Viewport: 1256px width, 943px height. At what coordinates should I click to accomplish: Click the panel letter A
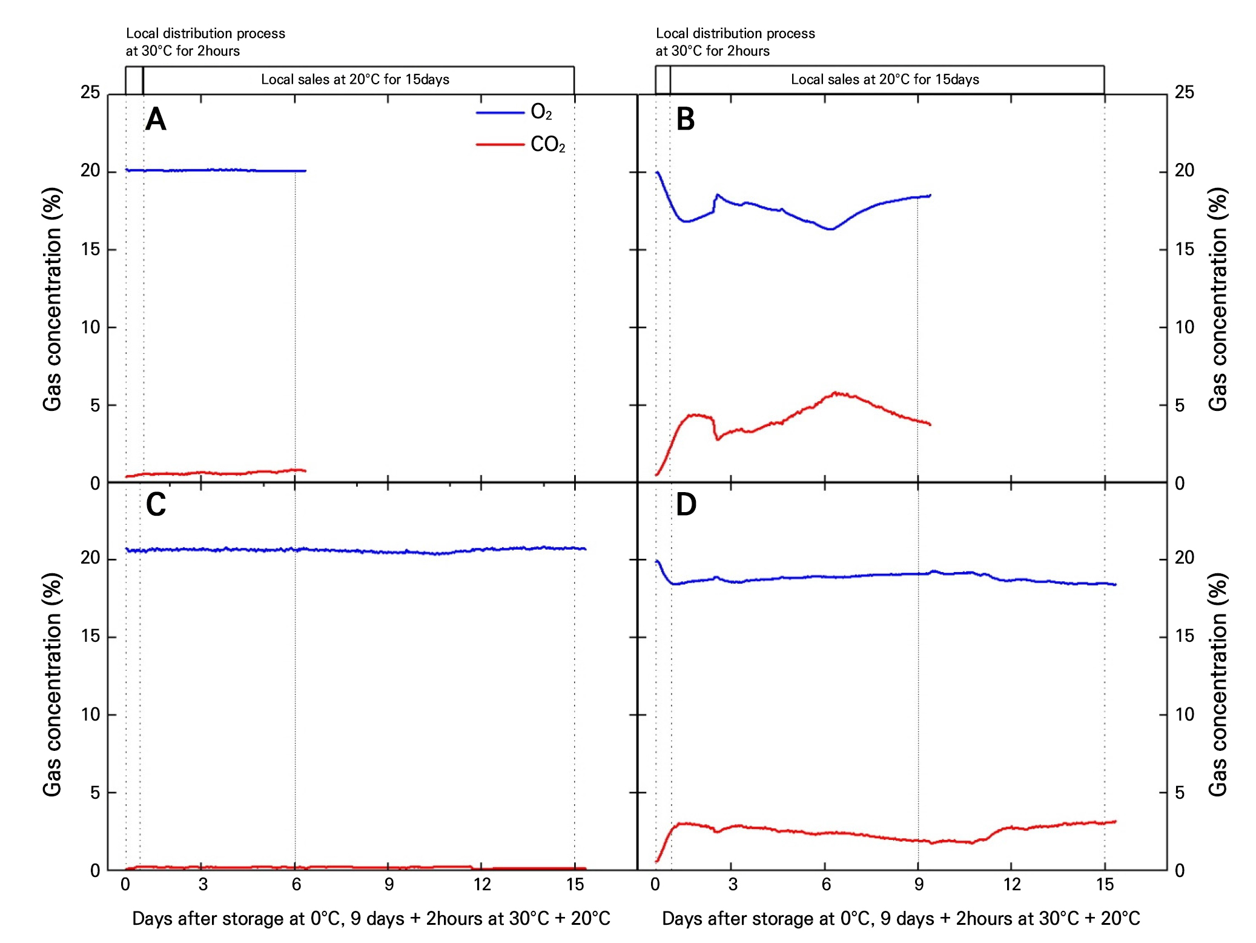click(156, 119)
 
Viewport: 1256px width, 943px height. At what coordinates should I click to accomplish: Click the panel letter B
click(685, 119)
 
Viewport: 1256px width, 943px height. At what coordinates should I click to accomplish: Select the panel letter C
click(156, 504)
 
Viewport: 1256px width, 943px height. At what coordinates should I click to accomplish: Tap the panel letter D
click(686, 504)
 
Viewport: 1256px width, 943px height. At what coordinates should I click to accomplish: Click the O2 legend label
click(541, 112)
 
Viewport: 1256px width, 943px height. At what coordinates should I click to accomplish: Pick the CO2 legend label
click(547, 145)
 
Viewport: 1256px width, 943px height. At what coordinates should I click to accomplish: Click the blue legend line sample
click(500, 113)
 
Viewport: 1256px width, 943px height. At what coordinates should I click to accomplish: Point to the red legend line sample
click(500, 145)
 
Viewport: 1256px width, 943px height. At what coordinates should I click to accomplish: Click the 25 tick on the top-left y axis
click(90, 93)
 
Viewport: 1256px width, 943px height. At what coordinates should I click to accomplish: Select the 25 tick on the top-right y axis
click(1184, 93)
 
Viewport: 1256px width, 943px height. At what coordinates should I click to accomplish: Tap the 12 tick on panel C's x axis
click(482, 884)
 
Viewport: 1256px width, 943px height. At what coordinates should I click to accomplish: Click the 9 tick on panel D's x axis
click(919, 884)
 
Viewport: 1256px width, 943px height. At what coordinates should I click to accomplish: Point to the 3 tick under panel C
click(203, 884)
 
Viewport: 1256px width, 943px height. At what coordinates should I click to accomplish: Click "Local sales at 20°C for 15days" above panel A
click(355, 79)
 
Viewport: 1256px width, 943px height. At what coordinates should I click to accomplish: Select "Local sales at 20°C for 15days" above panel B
click(885, 79)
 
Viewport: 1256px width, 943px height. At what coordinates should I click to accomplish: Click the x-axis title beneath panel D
click(901, 918)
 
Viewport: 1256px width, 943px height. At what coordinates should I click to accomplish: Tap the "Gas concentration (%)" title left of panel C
click(52, 684)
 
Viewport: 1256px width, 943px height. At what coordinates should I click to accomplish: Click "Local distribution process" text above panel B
click(735, 33)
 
